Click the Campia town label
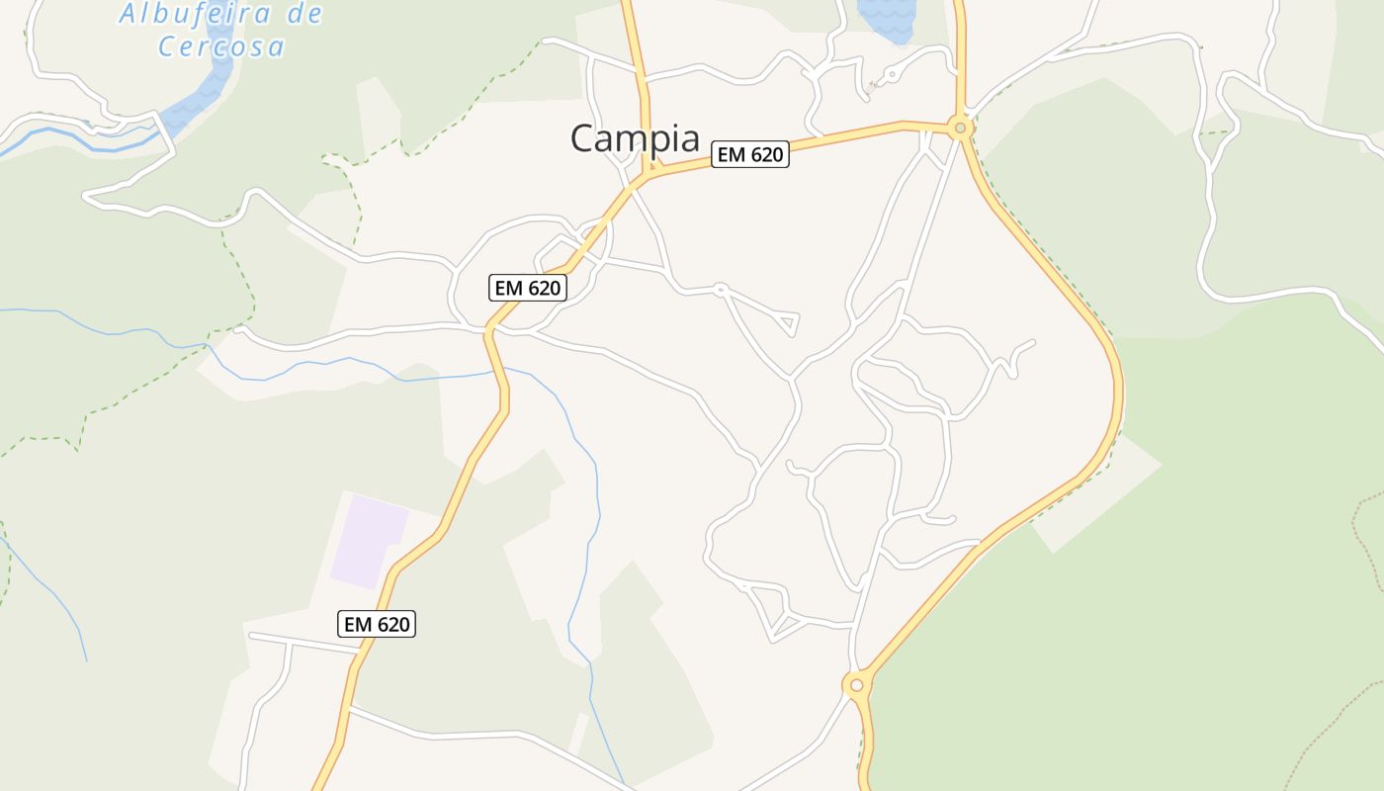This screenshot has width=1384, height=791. [x=635, y=138]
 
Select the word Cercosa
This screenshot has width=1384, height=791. [x=221, y=46]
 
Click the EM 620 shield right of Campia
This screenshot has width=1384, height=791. [x=749, y=154]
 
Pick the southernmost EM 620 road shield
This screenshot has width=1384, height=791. [x=376, y=624]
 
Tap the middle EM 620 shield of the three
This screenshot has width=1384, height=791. [x=528, y=288]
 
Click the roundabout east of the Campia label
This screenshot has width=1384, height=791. [x=958, y=128]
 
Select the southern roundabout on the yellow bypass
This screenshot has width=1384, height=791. [x=856, y=684]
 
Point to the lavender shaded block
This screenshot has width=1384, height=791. [x=368, y=541]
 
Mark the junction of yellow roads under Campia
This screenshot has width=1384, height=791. [x=649, y=174]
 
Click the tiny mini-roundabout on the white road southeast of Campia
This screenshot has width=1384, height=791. [x=721, y=290]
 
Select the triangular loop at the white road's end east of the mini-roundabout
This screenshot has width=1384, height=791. [x=789, y=322]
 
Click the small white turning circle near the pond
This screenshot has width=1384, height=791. [x=891, y=73]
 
